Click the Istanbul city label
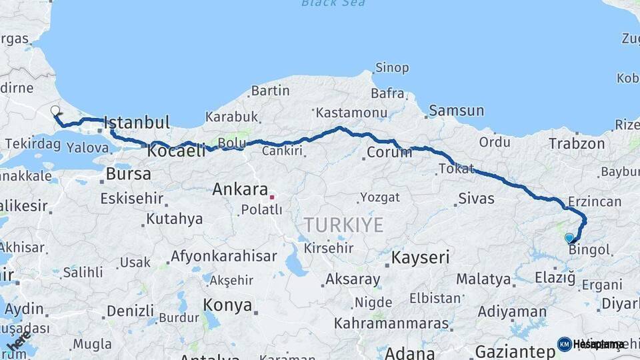[137, 123]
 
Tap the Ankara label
[239, 189]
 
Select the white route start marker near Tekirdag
[55, 111]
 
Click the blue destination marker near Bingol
[569, 238]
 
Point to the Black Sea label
[333, 3]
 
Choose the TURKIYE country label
[343, 225]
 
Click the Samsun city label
[456, 111]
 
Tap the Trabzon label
[577, 144]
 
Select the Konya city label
[227, 306]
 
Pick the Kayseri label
[420, 257]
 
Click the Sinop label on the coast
[391, 67]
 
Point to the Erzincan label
[595, 201]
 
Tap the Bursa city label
[129, 175]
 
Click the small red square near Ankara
[272, 197]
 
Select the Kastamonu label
[351, 113]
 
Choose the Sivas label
[476, 198]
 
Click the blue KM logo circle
[564, 344]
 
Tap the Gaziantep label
[515, 351]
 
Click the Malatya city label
[483, 279]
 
